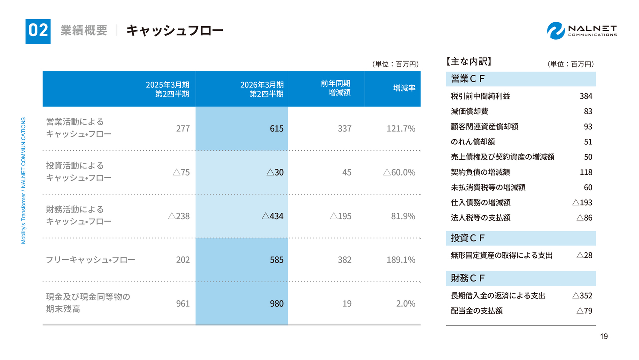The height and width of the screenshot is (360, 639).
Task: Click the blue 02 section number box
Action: point(38,31)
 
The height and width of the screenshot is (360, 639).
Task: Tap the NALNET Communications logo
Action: point(582,30)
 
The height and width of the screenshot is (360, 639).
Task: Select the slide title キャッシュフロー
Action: point(175,31)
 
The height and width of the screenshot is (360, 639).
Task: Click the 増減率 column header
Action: point(404,88)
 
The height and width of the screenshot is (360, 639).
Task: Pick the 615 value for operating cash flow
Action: point(277,129)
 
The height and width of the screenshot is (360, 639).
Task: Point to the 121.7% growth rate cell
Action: point(401,129)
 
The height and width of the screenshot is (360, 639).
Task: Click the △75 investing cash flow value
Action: point(181,172)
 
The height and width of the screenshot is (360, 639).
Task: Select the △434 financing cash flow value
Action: point(273,216)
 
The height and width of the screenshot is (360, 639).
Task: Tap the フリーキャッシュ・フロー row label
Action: point(90,260)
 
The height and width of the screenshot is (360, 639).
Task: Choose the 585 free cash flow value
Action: point(277,260)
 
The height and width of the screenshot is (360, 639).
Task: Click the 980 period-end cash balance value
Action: point(277,303)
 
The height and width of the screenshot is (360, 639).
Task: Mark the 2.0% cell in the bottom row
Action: point(405,303)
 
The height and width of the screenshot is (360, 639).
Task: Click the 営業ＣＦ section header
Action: point(468,79)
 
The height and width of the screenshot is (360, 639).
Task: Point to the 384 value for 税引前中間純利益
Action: point(586,96)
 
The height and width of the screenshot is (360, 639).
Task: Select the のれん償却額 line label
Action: point(473,142)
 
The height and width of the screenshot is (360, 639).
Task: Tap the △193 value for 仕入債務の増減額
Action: point(582,203)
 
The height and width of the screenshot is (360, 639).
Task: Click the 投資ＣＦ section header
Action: point(468,238)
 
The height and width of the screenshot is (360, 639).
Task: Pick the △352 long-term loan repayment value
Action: point(582,296)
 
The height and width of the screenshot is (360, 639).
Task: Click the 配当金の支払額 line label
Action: point(476,311)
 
